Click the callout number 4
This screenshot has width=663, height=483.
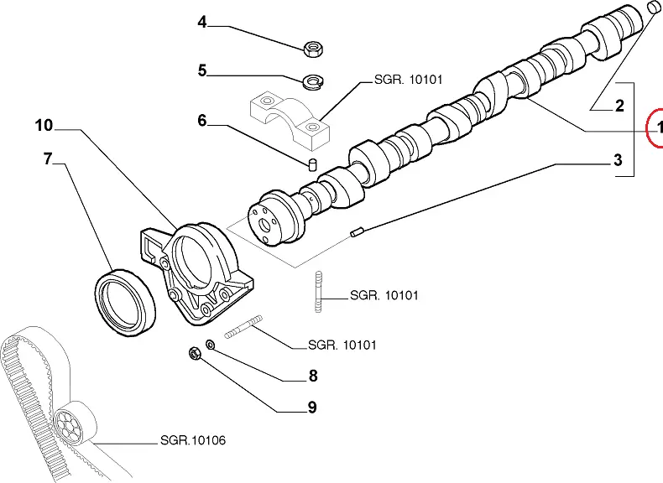click(201, 23)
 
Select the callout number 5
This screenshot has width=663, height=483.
click(201, 70)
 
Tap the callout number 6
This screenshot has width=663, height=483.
click(201, 121)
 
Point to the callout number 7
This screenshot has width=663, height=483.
click(48, 158)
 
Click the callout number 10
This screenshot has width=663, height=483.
click(44, 126)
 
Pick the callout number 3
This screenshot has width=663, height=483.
click(618, 159)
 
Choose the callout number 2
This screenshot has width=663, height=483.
click(619, 106)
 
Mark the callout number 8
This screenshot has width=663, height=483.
click(313, 377)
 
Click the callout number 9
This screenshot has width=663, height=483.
click(311, 408)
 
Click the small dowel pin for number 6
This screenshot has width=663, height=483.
click(311, 163)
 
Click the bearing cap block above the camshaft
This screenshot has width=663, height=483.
click(290, 118)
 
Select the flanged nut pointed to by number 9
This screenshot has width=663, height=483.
click(194, 355)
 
